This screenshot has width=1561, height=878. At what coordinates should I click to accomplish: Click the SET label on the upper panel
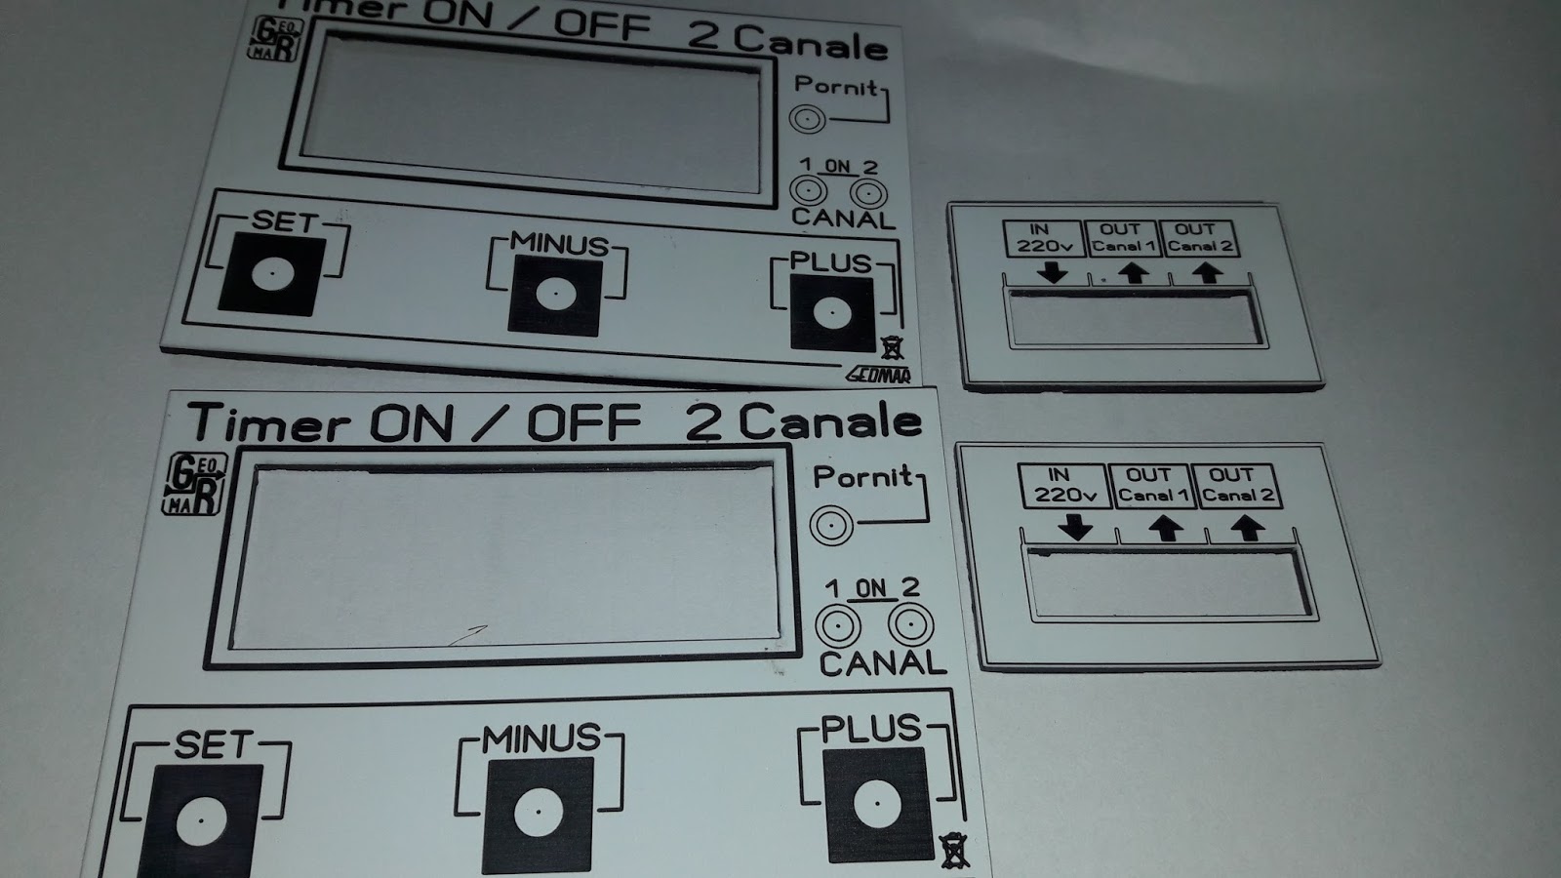click(284, 222)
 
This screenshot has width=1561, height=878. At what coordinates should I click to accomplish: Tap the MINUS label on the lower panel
click(541, 738)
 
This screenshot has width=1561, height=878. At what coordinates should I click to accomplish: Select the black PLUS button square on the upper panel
click(831, 313)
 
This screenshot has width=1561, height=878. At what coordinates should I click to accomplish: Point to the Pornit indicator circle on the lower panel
click(830, 526)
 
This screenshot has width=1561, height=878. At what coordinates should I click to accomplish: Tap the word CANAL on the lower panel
click(883, 664)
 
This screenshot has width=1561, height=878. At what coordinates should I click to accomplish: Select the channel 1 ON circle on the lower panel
click(838, 625)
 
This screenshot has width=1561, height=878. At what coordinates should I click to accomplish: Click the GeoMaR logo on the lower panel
click(193, 483)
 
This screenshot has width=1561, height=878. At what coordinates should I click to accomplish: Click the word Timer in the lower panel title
click(269, 423)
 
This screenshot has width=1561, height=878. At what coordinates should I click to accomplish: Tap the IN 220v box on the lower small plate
click(1063, 486)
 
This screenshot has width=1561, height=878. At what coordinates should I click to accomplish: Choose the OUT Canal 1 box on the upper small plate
click(1121, 238)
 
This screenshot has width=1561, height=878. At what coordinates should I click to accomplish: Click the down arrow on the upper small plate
click(1052, 273)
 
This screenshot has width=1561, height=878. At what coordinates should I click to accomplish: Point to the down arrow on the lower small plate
click(1076, 528)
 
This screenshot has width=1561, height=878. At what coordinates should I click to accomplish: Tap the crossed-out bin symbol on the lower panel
click(953, 851)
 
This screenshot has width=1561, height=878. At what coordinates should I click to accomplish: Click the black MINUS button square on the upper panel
click(553, 295)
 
